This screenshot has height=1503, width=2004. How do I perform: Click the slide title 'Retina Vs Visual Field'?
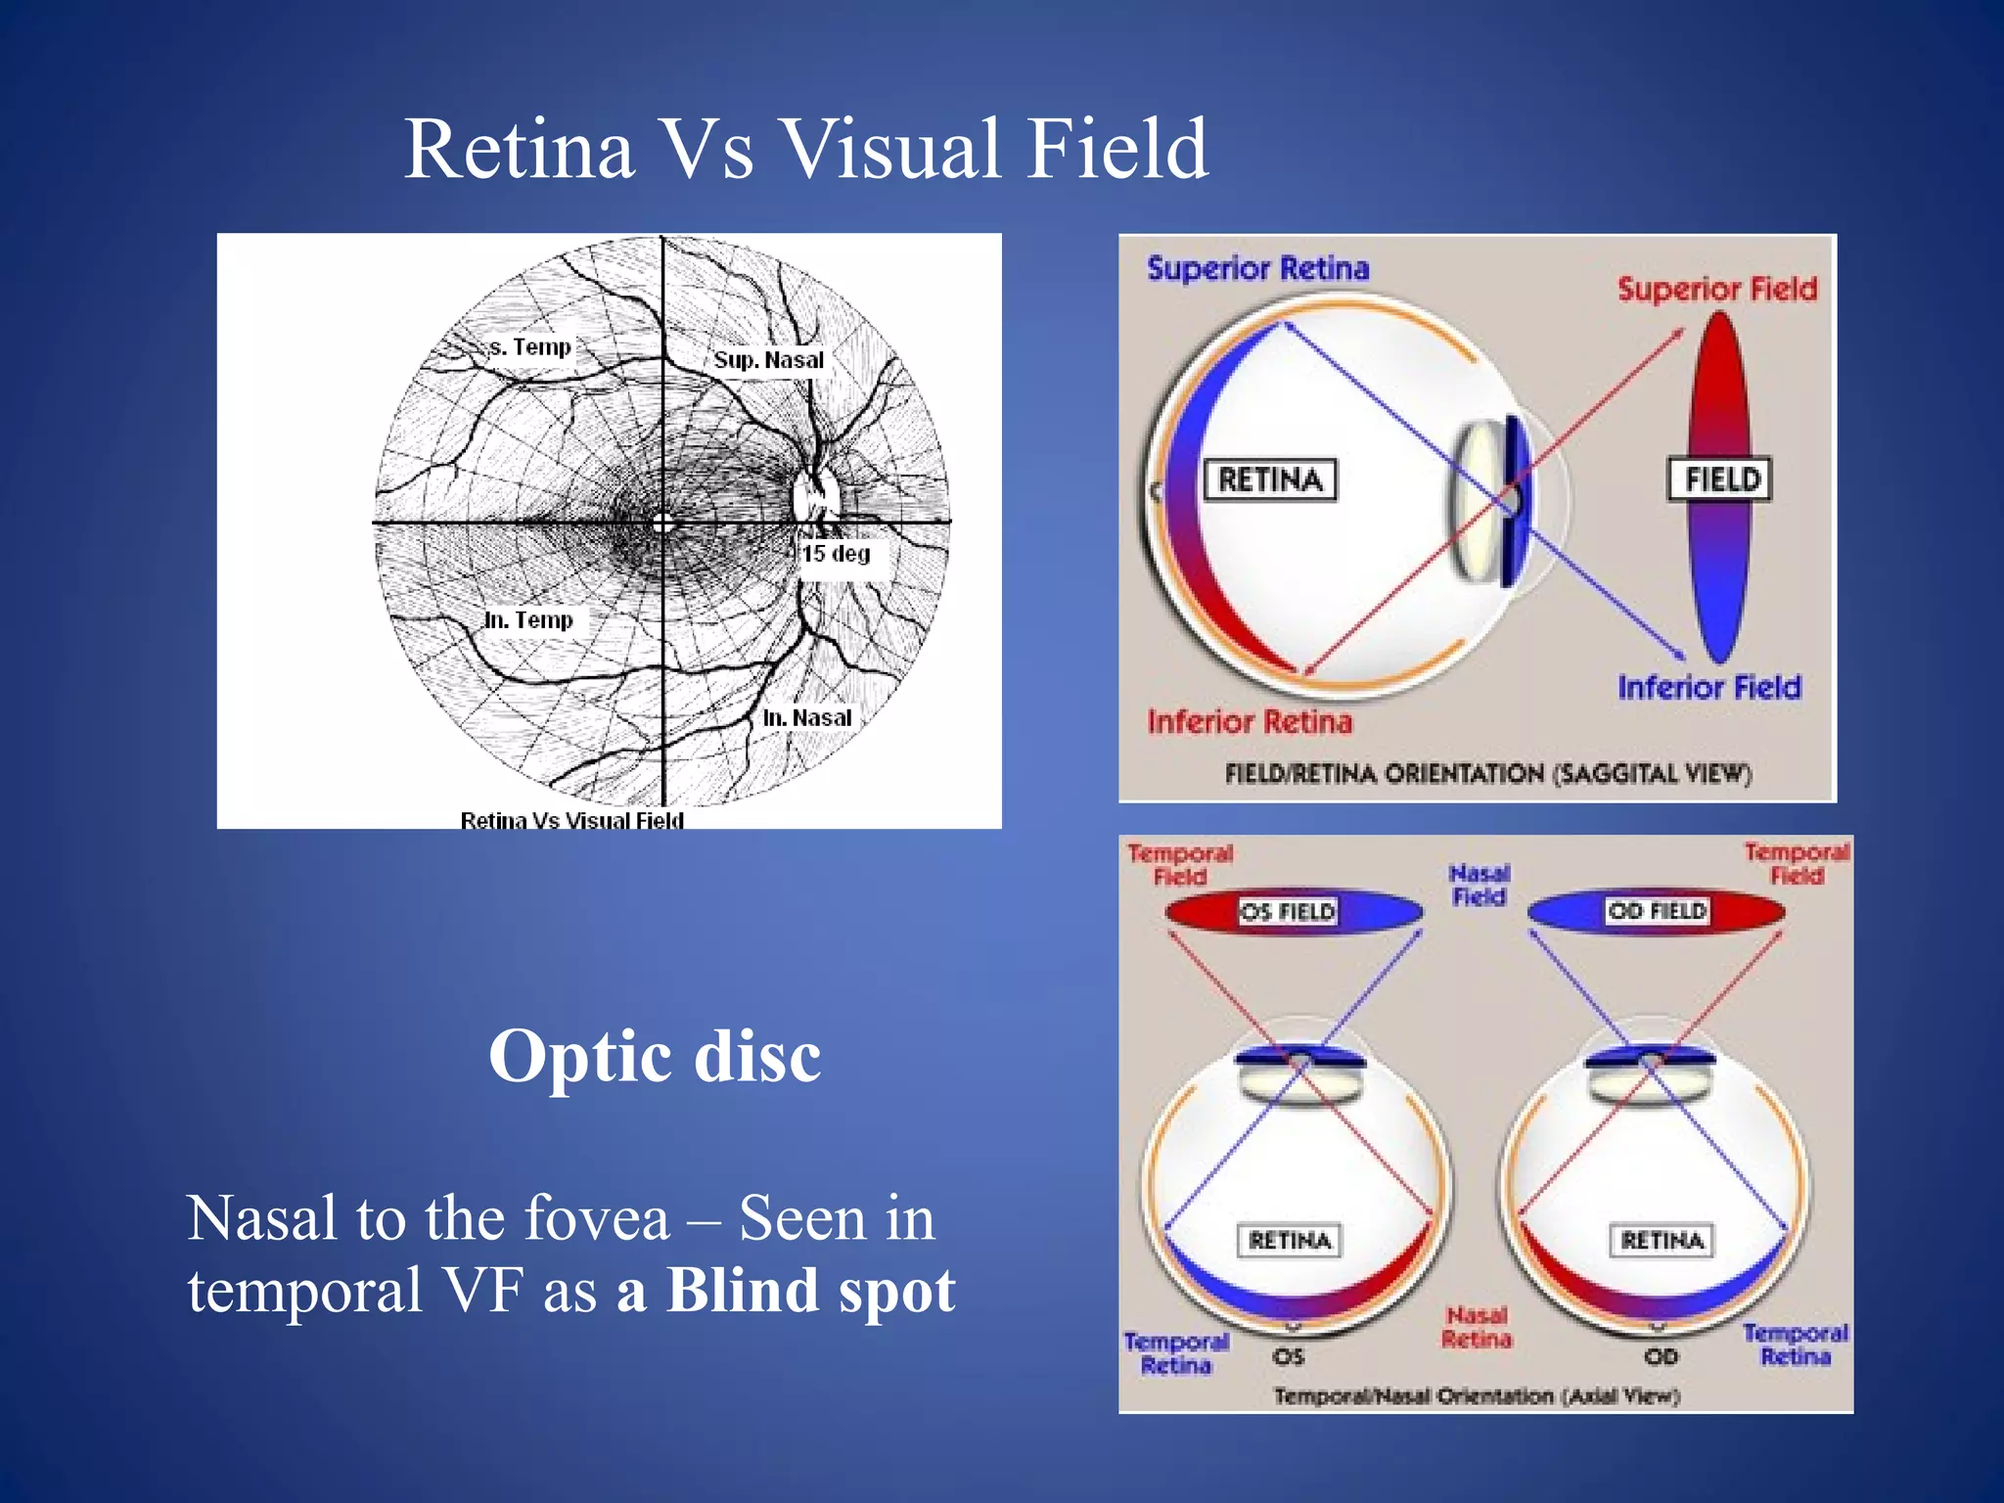[x=806, y=149]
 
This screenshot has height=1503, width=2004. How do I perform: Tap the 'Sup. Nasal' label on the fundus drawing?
[x=768, y=360]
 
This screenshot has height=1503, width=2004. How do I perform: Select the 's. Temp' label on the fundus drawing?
[x=529, y=347]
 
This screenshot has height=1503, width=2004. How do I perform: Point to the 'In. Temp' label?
[x=528, y=620]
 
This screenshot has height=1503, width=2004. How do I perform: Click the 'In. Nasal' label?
[x=807, y=718]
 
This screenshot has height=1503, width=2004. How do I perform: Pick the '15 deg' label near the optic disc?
[x=837, y=554]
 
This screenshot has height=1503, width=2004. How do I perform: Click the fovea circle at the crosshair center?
[x=662, y=524]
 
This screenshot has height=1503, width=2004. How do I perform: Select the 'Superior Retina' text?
[x=1257, y=269]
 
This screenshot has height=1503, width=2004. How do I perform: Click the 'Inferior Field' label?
[x=1708, y=688]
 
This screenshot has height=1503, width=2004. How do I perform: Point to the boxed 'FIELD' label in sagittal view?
[x=1720, y=479]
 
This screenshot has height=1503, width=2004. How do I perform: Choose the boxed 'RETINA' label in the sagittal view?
[x=1269, y=479]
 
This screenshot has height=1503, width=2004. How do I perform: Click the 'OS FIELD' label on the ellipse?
[x=1288, y=912]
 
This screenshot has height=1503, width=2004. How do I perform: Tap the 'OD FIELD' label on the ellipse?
[x=1657, y=911]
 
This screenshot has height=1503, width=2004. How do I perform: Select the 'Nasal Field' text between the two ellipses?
[x=1479, y=885]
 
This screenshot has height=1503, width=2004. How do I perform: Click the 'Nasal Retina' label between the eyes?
[x=1477, y=1328]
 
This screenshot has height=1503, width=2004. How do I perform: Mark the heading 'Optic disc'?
[x=655, y=1056]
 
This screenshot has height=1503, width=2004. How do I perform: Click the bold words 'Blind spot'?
[x=810, y=1291]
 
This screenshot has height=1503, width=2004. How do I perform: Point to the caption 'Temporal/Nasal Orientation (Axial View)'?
[x=1476, y=1396]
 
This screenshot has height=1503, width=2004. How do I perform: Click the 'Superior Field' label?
[x=1716, y=290]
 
